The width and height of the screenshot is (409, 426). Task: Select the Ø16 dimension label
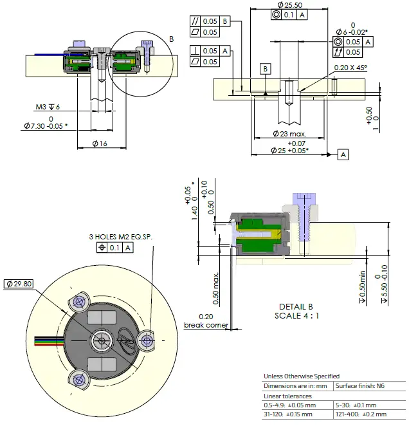pos(100,143)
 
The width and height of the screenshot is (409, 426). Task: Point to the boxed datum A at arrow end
pos(343,154)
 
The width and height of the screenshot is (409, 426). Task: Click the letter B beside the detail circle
pos(171,39)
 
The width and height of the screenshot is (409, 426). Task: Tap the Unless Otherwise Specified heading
pos(302,376)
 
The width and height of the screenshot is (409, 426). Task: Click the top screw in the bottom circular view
pos(80,301)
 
